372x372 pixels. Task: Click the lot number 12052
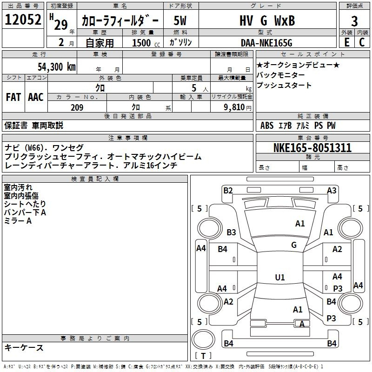[x=23, y=20]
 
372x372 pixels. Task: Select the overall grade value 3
[x=354, y=21]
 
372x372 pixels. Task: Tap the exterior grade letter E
[x=347, y=42]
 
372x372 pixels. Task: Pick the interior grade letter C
[x=362, y=42]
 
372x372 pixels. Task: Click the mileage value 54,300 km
[x=57, y=66]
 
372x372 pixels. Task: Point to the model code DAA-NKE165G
[x=266, y=43]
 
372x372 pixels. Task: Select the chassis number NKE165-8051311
[x=312, y=148]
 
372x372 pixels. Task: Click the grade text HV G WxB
[x=267, y=20]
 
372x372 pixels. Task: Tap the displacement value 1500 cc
[x=146, y=43]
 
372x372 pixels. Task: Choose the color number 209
[x=77, y=107]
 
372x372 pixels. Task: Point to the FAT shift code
[x=13, y=97]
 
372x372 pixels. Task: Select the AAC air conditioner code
[x=36, y=97]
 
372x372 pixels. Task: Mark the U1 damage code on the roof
[x=280, y=277]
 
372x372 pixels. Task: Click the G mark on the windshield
[x=294, y=245]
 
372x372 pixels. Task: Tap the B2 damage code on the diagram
[x=228, y=191]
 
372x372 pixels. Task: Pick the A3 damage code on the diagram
[x=332, y=191]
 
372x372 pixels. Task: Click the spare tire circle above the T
[x=203, y=339]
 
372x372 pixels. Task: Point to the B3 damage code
[x=231, y=232]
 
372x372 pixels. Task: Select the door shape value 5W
[x=180, y=20]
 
